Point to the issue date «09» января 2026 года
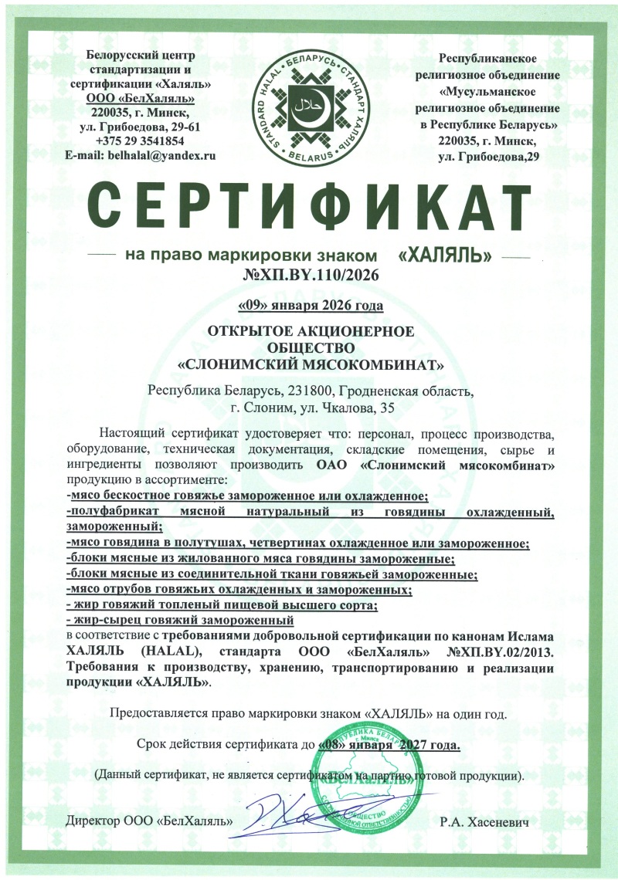click(309, 307)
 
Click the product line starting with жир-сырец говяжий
click(181, 620)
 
